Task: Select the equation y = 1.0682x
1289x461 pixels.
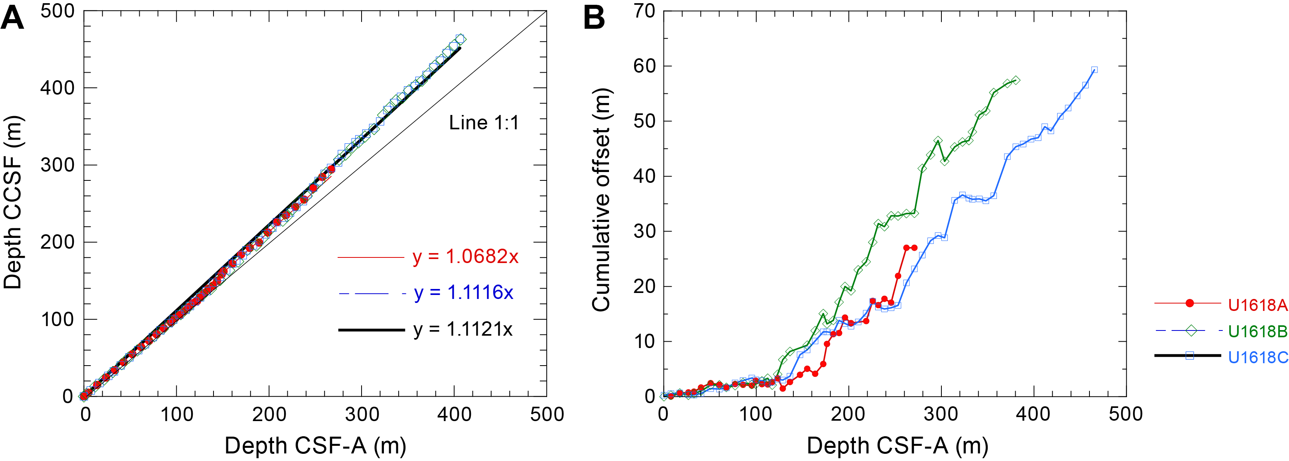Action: click(x=465, y=257)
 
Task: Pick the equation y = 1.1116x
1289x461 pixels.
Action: click(x=463, y=293)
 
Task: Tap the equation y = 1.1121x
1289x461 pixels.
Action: click(x=463, y=330)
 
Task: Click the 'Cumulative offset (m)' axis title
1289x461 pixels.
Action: click(x=601, y=200)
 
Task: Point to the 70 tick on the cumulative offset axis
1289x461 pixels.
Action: click(x=644, y=11)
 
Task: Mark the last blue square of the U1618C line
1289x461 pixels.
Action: click(x=1094, y=70)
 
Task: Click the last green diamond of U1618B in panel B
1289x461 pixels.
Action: click(x=1016, y=81)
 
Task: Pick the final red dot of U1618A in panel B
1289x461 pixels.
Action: click(x=914, y=248)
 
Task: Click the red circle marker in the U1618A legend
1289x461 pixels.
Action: click(x=1190, y=303)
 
